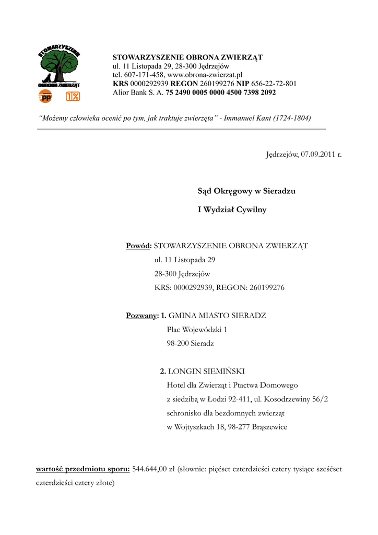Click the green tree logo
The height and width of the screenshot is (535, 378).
(x=59, y=65)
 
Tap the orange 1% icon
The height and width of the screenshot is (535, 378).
(x=73, y=96)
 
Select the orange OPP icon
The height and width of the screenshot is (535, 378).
(x=46, y=96)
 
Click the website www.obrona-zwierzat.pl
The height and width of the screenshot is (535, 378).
(x=205, y=75)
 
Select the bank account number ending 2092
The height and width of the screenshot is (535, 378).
(x=221, y=92)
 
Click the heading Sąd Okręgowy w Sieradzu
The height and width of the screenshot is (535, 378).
(x=246, y=191)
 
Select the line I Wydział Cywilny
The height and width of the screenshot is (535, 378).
(x=232, y=210)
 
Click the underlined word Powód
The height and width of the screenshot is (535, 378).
(x=138, y=246)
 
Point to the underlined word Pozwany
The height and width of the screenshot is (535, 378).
(x=141, y=316)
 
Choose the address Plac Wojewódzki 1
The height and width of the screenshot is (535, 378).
(x=197, y=330)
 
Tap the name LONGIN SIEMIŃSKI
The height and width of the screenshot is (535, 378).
(x=206, y=371)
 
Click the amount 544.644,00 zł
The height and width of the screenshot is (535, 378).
(x=153, y=469)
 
